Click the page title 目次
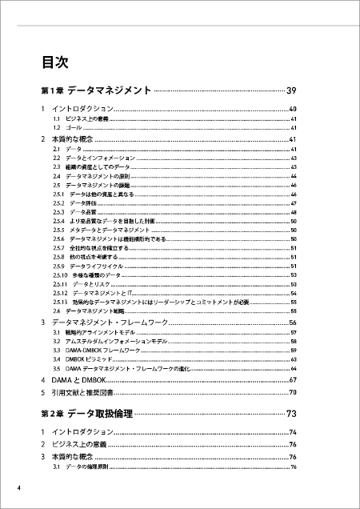pos(54,62)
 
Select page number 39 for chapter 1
pos(291,90)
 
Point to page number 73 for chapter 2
pos(291,414)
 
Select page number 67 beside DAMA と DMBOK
pos(293,379)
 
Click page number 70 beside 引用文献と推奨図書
pos(293,393)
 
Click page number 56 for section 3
pos(293,321)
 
